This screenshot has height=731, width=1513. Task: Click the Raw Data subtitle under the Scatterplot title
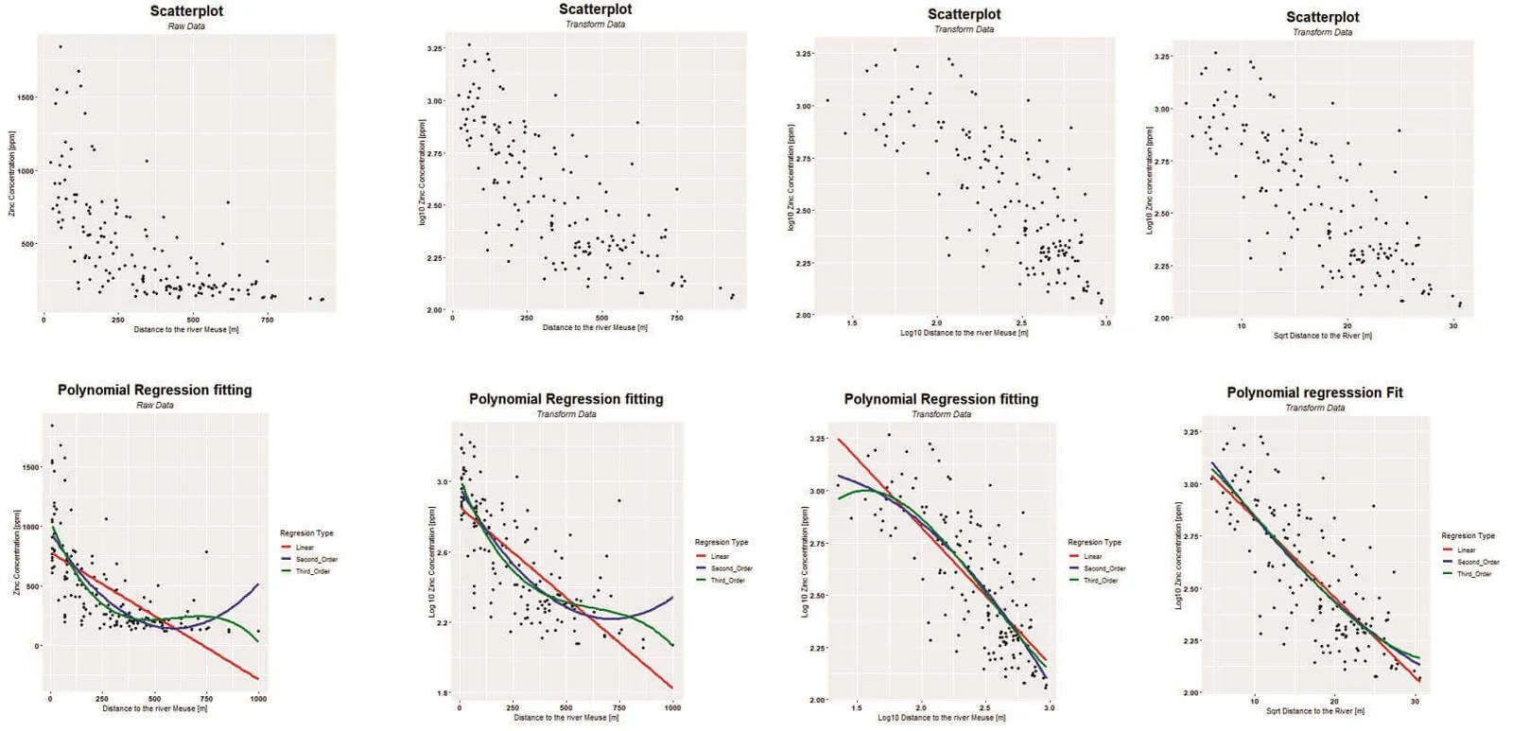(186, 26)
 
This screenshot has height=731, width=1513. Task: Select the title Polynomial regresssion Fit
(1314, 392)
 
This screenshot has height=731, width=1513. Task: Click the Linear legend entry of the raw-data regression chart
(304, 548)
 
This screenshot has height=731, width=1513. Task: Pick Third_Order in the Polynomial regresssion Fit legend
(1473, 574)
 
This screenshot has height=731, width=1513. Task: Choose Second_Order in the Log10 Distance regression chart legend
(1104, 568)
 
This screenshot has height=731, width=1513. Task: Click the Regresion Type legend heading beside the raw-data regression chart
(306, 533)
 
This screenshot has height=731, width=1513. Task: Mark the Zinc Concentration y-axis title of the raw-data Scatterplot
(12, 174)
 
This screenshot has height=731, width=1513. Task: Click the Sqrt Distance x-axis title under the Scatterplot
(1322, 336)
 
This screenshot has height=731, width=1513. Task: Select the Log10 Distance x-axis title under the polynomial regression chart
(941, 718)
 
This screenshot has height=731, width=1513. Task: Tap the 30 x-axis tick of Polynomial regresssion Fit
(1415, 702)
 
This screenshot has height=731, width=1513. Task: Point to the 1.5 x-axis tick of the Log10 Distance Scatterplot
(852, 323)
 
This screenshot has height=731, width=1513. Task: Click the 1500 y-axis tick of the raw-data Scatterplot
(26, 97)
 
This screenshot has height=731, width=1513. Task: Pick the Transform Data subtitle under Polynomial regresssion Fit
(1314, 408)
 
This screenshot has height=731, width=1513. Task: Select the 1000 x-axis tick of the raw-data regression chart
(258, 699)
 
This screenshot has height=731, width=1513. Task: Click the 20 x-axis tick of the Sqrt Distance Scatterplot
(1348, 326)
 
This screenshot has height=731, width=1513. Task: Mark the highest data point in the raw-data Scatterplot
(61, 46)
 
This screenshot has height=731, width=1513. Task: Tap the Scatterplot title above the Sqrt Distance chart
(1322, 17)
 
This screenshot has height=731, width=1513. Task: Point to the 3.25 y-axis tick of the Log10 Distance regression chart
(818, 439)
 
